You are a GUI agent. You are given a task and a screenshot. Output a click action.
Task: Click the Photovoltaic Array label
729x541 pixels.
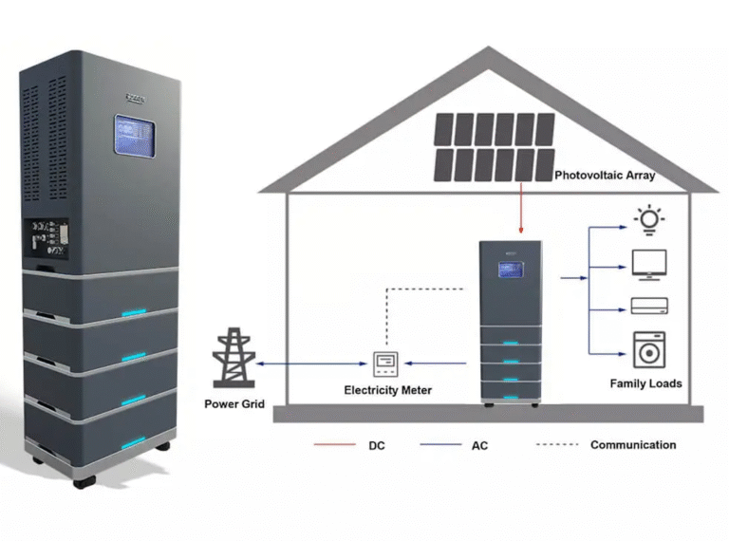click(605, 176)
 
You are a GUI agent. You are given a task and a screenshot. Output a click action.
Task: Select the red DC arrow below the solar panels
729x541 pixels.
click(521, 209)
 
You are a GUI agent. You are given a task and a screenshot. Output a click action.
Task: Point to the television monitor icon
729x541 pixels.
click(649, 265)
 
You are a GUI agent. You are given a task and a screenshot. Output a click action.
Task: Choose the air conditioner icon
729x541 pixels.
click(649, 306)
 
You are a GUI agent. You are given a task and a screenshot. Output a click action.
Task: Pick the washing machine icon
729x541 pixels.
click(649, 349)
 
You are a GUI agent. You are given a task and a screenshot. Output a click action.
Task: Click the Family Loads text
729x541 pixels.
click(645, 383)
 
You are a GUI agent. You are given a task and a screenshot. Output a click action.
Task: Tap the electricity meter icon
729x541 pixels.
click(385, 362)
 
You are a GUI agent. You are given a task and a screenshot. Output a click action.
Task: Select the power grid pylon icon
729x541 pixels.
click(233, 358)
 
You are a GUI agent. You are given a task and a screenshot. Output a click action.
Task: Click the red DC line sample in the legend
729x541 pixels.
click(333, 444)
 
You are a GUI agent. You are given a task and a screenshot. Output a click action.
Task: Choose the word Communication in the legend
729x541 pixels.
click(633, 444)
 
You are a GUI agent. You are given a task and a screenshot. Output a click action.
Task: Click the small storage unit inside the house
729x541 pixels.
click(510, 323)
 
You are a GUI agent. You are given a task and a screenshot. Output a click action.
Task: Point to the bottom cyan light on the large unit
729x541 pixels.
click(133, 442)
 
